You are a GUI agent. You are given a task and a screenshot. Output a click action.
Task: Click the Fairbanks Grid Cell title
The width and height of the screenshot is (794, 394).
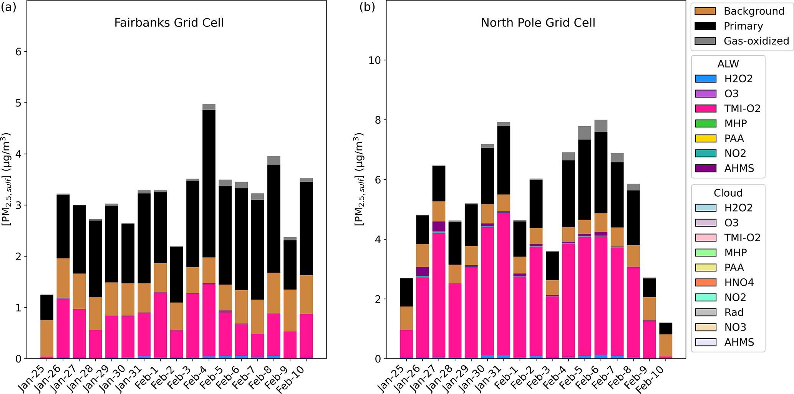tap(169, 23)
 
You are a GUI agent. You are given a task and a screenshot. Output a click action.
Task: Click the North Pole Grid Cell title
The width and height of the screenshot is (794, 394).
tap(538, 23)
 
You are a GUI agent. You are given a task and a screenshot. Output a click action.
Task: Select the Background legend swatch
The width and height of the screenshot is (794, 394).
tap(705, 11)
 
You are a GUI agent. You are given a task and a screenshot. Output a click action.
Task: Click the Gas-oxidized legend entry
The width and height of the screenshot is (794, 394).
tap(756, 41)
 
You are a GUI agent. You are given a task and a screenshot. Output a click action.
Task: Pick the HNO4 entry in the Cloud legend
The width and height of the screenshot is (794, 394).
tap(739, 283)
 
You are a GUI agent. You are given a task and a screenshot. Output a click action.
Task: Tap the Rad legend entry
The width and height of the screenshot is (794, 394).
tap(734, 313)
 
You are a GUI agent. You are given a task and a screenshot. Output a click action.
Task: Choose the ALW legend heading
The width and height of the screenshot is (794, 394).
tap(728, 64)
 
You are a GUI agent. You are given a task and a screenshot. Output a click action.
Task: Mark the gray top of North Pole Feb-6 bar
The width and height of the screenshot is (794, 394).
tap(601, 126)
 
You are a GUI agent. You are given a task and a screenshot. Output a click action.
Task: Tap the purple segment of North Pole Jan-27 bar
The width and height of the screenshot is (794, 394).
tap(439, 226)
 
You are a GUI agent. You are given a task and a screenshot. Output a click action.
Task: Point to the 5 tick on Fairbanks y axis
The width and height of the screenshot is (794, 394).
tap(18, 103)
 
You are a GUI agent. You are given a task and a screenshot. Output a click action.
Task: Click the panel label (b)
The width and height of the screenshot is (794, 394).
tap(367, 7)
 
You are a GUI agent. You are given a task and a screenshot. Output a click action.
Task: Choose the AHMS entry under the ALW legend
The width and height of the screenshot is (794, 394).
tap(739, 169)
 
